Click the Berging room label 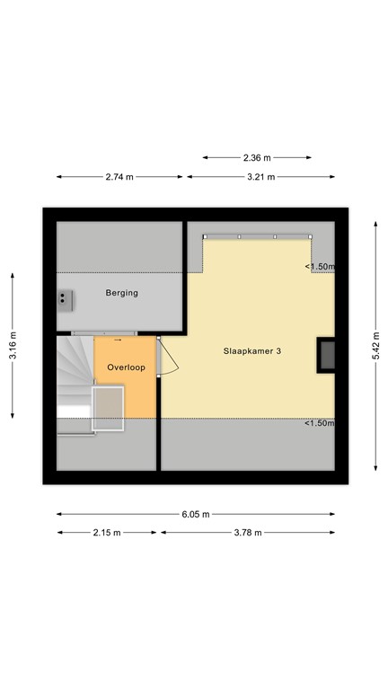(x=122, y=293)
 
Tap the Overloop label (x=127, y=367)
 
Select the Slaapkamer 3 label (x=252, y=351)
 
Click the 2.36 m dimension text (x=257, y=157)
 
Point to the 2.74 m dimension (x=119, y=177)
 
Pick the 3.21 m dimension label (x=260, y=177)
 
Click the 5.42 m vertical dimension (x=375, y=345)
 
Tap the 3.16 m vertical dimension (x=13, y=345)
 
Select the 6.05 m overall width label (x=196, y=514)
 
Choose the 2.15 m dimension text (x=107, y=533)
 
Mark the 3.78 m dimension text (x=247, y=533)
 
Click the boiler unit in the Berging (x=65, y=301)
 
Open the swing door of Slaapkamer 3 (x=168, y=358)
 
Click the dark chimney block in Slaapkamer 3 (x=326, y=356)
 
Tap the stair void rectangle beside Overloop (x=108, y=408)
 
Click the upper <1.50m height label (x=320, y=267)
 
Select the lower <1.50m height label (x=320, y=423)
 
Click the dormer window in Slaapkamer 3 (x=258, y=237)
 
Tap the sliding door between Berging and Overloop (x=104, y=333)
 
